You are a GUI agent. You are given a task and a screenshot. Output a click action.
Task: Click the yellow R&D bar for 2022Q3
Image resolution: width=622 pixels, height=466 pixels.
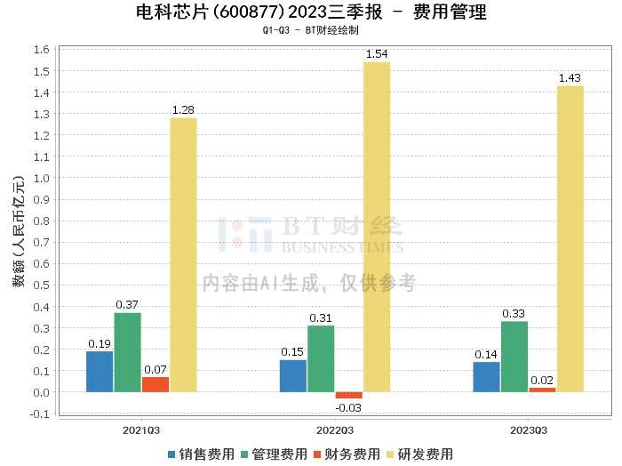point(377,227)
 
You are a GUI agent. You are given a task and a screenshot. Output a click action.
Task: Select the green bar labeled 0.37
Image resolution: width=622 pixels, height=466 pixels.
point(127,352)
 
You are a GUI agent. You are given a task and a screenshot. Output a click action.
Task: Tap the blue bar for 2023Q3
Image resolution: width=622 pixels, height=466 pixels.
point(486,377)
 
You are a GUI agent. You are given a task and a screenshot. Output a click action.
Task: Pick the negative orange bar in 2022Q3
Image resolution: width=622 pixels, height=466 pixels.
point(348,396)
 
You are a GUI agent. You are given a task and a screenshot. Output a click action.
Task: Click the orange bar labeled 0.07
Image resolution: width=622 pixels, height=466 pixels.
point(155,385)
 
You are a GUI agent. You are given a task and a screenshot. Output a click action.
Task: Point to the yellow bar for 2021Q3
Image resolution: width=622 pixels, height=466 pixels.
point(183,255)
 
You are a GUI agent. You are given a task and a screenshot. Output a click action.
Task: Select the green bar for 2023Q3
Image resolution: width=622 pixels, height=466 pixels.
point(514,357)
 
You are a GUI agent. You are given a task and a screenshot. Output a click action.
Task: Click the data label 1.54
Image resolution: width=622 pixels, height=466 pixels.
point(377,54)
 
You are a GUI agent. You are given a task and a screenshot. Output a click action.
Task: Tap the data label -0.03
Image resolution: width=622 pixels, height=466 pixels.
point(348,407)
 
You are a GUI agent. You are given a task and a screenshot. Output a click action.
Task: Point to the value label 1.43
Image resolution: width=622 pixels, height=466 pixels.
point(570,77)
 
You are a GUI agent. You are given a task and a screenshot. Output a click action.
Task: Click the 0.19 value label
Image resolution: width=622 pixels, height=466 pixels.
point(100,344)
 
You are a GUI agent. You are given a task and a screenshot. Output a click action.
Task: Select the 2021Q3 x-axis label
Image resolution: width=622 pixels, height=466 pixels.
point(141,430)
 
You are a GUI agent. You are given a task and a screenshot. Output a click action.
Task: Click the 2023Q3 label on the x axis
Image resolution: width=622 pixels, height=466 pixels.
point(529,430)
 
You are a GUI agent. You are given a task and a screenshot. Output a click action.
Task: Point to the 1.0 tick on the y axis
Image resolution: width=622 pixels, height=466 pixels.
point(41,178)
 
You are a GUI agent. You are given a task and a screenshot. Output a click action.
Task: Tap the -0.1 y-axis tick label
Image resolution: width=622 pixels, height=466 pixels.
point(40,414)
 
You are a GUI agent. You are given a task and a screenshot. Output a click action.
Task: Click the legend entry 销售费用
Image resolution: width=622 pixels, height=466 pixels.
point(201,454)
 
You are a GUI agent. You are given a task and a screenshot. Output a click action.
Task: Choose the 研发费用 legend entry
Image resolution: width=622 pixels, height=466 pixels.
point(419,454)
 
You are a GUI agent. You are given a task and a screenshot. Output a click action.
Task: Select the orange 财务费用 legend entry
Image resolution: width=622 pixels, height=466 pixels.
point(347,454)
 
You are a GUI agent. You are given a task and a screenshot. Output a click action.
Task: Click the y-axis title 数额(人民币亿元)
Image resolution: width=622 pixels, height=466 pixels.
point(19,231)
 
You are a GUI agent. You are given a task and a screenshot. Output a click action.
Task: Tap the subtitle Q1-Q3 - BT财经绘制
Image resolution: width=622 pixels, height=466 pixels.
point(311,30)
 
